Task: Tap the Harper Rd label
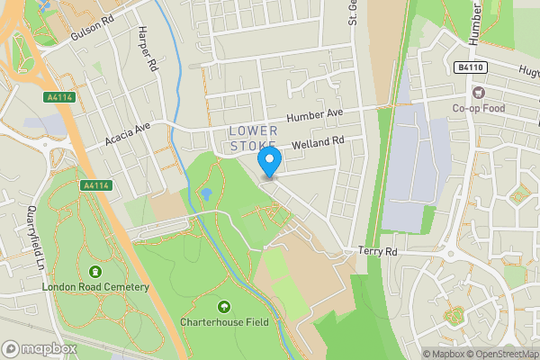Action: point(148,50)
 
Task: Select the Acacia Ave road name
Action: point(126,133)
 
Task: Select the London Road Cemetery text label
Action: point(94,287)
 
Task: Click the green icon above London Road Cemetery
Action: point(94,271)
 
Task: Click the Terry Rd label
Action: point(377,252)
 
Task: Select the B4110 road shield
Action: point(464,67)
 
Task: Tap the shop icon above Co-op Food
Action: point(479,92)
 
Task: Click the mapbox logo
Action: point(37,348)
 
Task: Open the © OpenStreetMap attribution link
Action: point(499,354)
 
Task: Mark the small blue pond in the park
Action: point(206,193)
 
